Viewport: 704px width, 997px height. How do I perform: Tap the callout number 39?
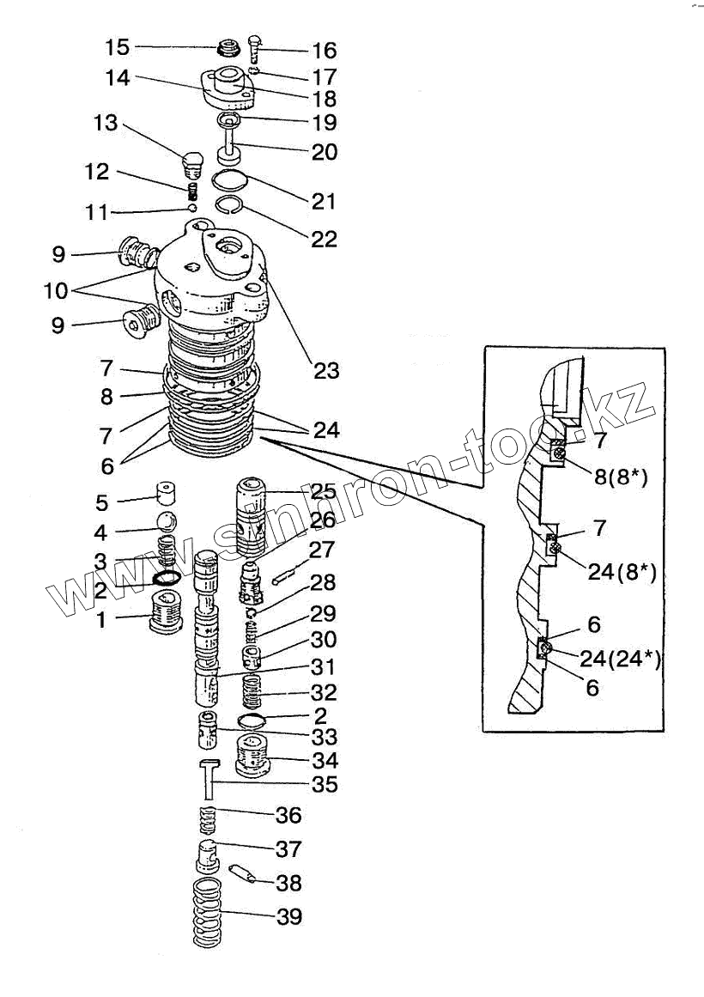click(289, 917)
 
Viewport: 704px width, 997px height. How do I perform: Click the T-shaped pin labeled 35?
click(209, 781)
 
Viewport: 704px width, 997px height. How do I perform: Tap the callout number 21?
click(324, 202)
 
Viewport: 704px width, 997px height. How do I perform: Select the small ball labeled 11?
click(194, 207)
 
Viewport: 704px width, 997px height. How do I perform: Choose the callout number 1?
click(100, 618)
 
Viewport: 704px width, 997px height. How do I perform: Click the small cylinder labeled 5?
click(165, 494)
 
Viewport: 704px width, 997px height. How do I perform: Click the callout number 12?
click(97, 173)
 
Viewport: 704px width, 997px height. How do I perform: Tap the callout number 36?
click(288, 814)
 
